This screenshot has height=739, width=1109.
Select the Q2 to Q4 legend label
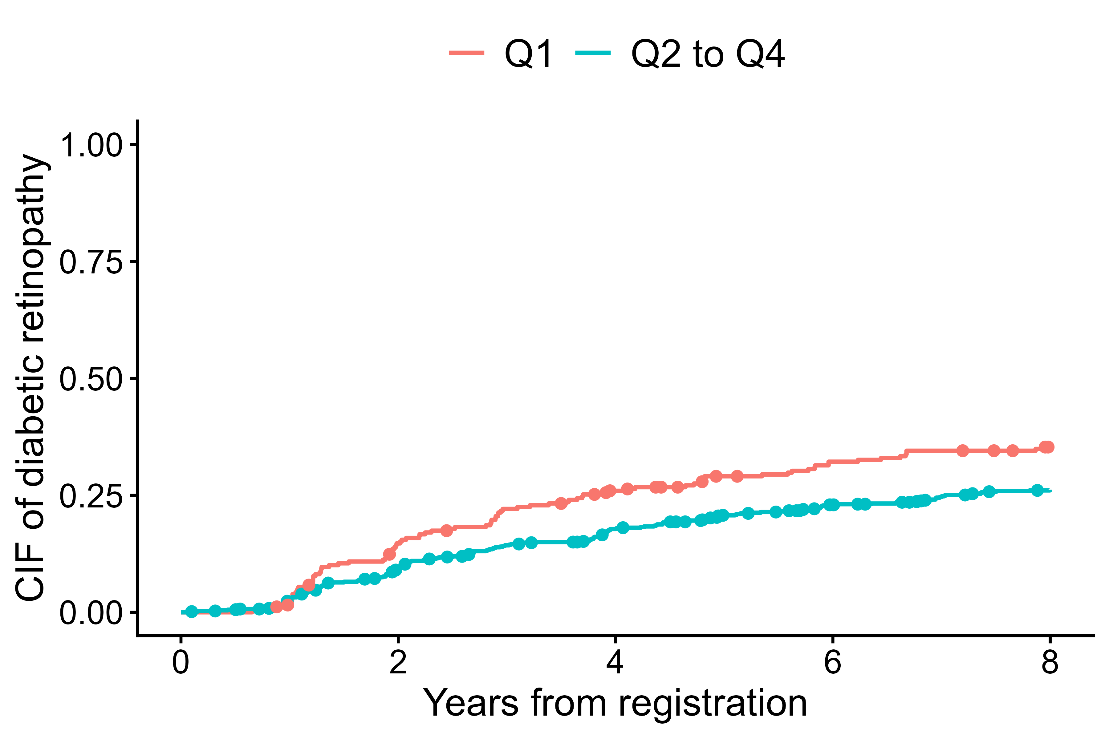(x=707, y=54)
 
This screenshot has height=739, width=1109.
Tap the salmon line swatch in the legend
(x=466, y=53)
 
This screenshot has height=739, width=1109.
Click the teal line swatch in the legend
(x=593, y=53)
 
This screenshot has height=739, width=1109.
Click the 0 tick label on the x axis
(x=181, y=662)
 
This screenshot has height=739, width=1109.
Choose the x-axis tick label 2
(x=398, y=662)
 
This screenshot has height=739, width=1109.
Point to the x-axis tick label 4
(x=615, y=662)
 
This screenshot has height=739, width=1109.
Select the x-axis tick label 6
(x=833, y=662)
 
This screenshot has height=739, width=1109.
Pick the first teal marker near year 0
(x=191, y=612)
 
